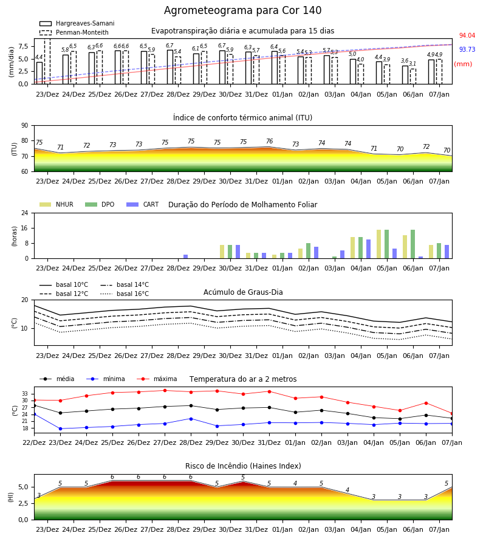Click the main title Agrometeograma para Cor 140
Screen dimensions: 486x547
click(x=242, y=10)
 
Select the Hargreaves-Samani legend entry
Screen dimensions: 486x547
click(x=77, y=23)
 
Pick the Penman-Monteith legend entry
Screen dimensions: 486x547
click(x=74, y=32)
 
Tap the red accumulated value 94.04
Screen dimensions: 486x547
click(x=467, y=36)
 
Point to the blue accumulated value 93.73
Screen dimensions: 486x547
click(x=467, y=50)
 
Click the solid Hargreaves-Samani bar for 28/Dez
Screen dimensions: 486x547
click(x=170, y=67)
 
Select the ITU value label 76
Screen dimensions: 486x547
click(x=270, y=141)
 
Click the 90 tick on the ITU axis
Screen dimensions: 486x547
click(x=25, y=126)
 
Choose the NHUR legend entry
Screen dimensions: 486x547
click(x=56, y=204)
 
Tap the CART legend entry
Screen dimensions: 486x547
click(x=143, y=204)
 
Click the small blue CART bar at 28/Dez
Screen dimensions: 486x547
click(x=185, y=256)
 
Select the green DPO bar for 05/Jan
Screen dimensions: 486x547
click(x=386, y=244)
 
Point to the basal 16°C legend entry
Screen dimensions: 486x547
click(x=125, y=294)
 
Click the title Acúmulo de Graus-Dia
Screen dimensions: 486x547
click(x=243, y=292)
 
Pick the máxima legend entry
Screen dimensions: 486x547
click(x=157, y=379)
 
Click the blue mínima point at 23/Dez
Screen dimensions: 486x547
click(x=60, y=428)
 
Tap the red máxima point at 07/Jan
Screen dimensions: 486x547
click(x=452, y=414)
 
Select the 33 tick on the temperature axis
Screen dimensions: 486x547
click(x=25, y=394)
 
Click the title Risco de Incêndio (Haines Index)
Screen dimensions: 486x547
click(x=243, y=466)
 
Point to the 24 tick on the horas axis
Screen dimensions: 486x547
click(x=25, y=213)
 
